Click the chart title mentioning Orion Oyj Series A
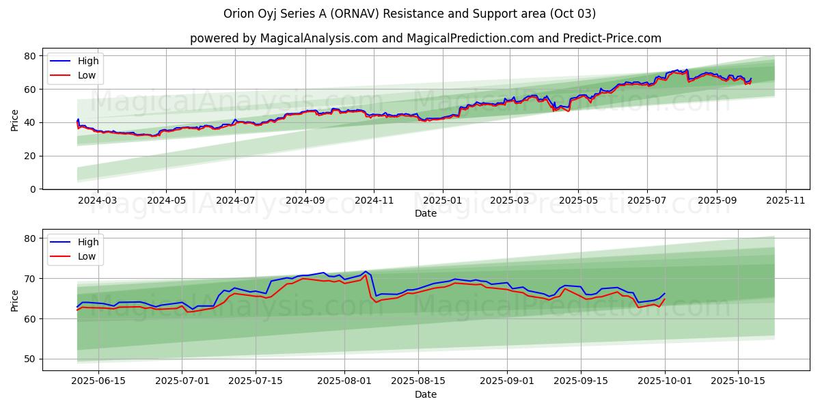pos(409,14)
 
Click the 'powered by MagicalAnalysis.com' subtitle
pos(425,38)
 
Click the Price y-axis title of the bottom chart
pos(14,300)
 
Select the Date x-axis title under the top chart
pos(425,213)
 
